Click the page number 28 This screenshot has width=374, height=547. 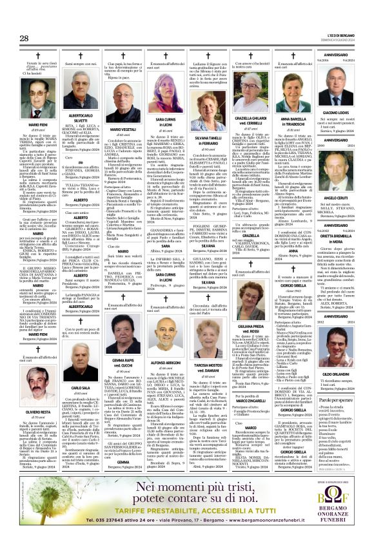pyautogui.click(x=25, y=39)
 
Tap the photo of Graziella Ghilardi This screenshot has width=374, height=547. pyautogui.click(x=248, y=102)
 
